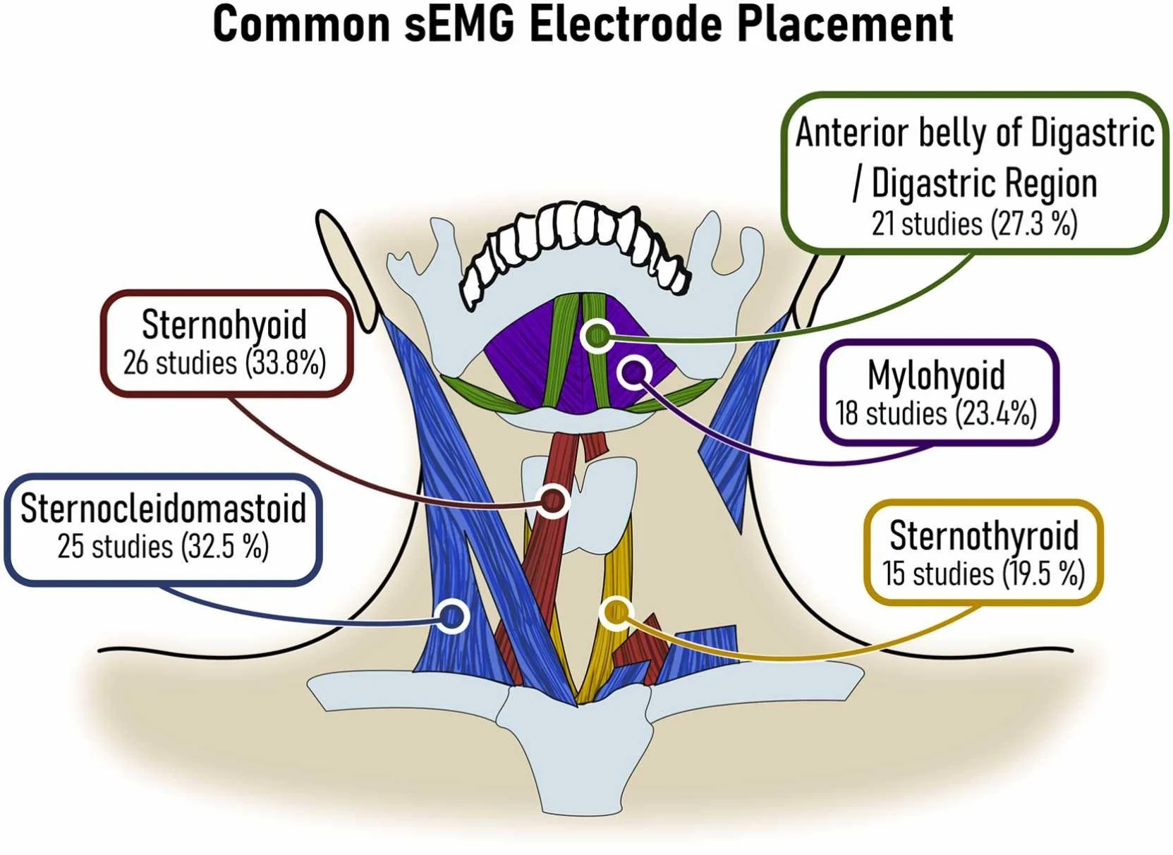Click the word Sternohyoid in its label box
[x=224, y=325]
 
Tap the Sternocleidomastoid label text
[x=163, y=508]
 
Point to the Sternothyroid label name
[x=984, y=537]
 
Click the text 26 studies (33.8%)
[x=224, y=363]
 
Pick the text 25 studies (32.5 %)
[x=163, y=546]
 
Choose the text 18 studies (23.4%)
[x=936, y=413]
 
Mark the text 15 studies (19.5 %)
[x=984, y=574]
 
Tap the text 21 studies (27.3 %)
[x=975, y=224]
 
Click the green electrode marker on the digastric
[x=597, y=335]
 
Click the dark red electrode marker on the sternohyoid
[x=553, y=501]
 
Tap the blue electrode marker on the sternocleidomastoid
[x=451, y=617]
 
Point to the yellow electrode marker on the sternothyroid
[x=616, y=612]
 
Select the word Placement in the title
[x=845, y=23]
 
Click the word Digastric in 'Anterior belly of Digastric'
[x=1093, y=134]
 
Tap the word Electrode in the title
[x=626, y=23]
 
